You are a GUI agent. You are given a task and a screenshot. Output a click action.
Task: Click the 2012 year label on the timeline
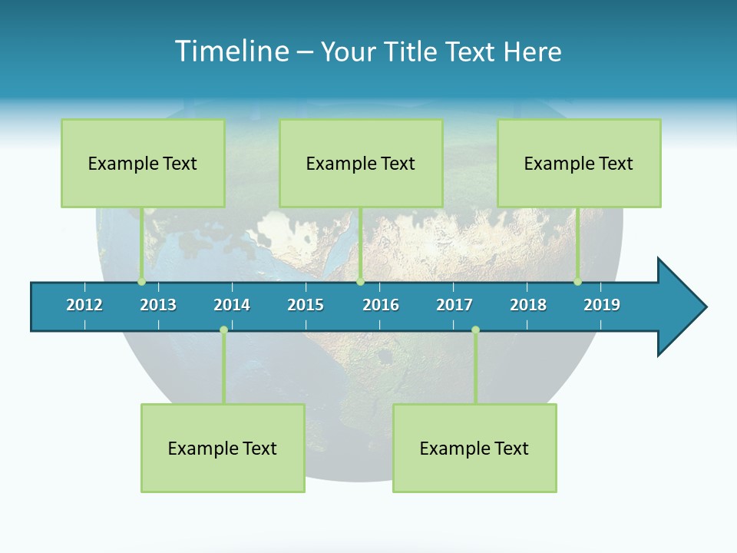(84, 305)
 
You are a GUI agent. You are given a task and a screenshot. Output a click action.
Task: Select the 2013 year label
(158, 305)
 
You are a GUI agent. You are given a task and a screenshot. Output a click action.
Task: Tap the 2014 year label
(232, 305)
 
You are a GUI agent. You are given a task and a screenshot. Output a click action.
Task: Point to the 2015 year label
(306, 305)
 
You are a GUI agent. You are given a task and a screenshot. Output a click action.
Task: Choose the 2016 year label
(381, 305)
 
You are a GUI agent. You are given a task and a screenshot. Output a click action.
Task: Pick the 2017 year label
(454, 305)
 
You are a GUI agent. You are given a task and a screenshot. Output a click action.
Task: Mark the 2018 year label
(528, 305)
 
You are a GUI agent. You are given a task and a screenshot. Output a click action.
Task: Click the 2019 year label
(602, 305)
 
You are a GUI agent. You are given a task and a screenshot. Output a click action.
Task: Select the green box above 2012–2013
(143, 163)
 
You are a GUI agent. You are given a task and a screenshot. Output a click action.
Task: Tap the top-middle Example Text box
(361, 163)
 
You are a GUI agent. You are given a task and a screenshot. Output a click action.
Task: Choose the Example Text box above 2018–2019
(579, 163)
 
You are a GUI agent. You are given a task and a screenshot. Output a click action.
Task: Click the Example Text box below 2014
(223, 448)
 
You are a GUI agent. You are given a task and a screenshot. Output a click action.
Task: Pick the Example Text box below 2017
(474, 448)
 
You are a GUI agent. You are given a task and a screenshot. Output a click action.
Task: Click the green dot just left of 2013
(141, 282)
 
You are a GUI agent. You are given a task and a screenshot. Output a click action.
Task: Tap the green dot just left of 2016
(360, 282)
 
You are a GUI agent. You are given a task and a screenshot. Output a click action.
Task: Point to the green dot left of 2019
(577, 282)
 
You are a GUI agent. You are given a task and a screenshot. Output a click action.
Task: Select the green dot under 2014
(223, 329)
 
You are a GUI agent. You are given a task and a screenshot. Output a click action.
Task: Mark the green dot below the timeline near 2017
(475, 329)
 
